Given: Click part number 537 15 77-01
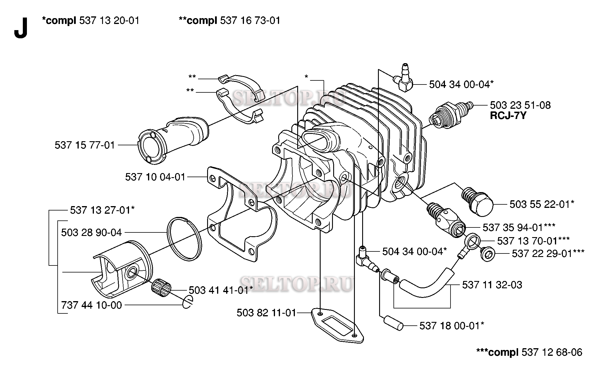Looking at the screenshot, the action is click(x=85, y=145).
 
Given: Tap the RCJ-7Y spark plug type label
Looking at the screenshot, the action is click(x=508, y=116).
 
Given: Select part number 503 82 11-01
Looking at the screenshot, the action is click(x=267, y=313).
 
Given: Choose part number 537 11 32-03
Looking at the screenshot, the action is click(x=492, y=285).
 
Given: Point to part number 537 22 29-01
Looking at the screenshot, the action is click(x=548, y=253).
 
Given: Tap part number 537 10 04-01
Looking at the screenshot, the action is click(x=155, y=177).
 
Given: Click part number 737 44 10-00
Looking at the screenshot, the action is click(x=92, y=305).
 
